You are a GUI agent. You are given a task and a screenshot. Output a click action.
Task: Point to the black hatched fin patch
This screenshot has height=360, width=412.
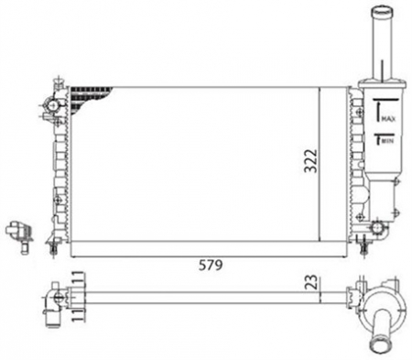pyautogui.click(x=92, y=93)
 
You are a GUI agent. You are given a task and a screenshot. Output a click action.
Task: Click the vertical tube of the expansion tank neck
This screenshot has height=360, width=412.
pyautogui.click(x=381, y=50)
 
